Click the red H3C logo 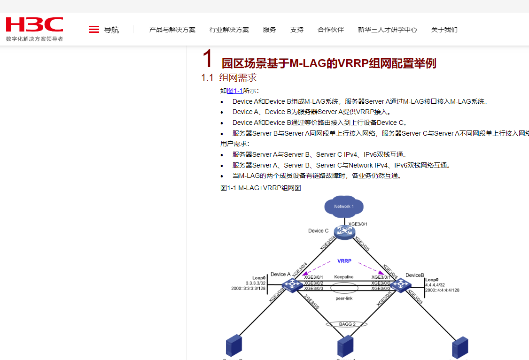(x=34, y=24)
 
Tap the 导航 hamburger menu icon (x=94, y=30)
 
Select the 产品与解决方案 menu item (x=172, y=30)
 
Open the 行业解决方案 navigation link (x=229, y=30)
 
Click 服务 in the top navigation (x=270, y=30)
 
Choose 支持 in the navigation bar (x=297, y=30)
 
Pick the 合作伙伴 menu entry (x=331, y=30)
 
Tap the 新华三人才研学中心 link (x=387, y=30)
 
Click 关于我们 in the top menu (x=444, y=30)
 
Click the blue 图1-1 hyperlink (x=235, y=91)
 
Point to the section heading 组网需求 (x=238, y=77)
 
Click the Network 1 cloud (x=344, y=207)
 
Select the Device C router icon (x=344, y=232)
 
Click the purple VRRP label (x=344, y=261)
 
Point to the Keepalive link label (x=344, y=277)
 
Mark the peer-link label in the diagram (x=344, y=298)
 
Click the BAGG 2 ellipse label (x=347, y=324)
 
